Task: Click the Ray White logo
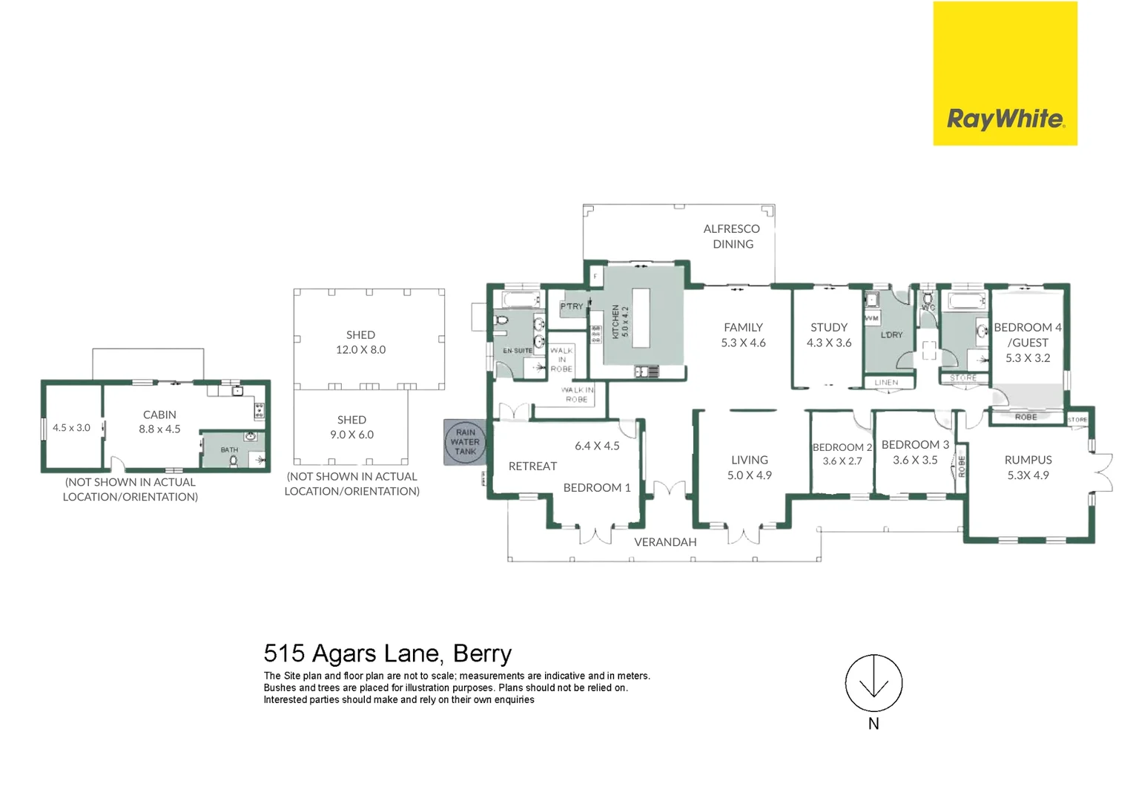1005,74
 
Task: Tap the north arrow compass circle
873,683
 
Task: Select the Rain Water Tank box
465,442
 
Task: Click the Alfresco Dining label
732,237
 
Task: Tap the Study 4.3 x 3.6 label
829,334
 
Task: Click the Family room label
743,334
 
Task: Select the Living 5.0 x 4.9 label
749,467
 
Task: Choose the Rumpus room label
1028,467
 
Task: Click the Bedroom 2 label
842,454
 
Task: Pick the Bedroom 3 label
915,452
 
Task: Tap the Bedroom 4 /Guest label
1027,342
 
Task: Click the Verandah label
665,542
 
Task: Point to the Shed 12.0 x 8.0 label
360,342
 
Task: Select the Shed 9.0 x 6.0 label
351,427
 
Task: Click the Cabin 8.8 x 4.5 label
159,421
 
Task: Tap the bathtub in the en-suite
518,300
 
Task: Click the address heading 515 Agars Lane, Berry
387,653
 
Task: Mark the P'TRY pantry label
572,306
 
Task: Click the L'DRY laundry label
891,334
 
